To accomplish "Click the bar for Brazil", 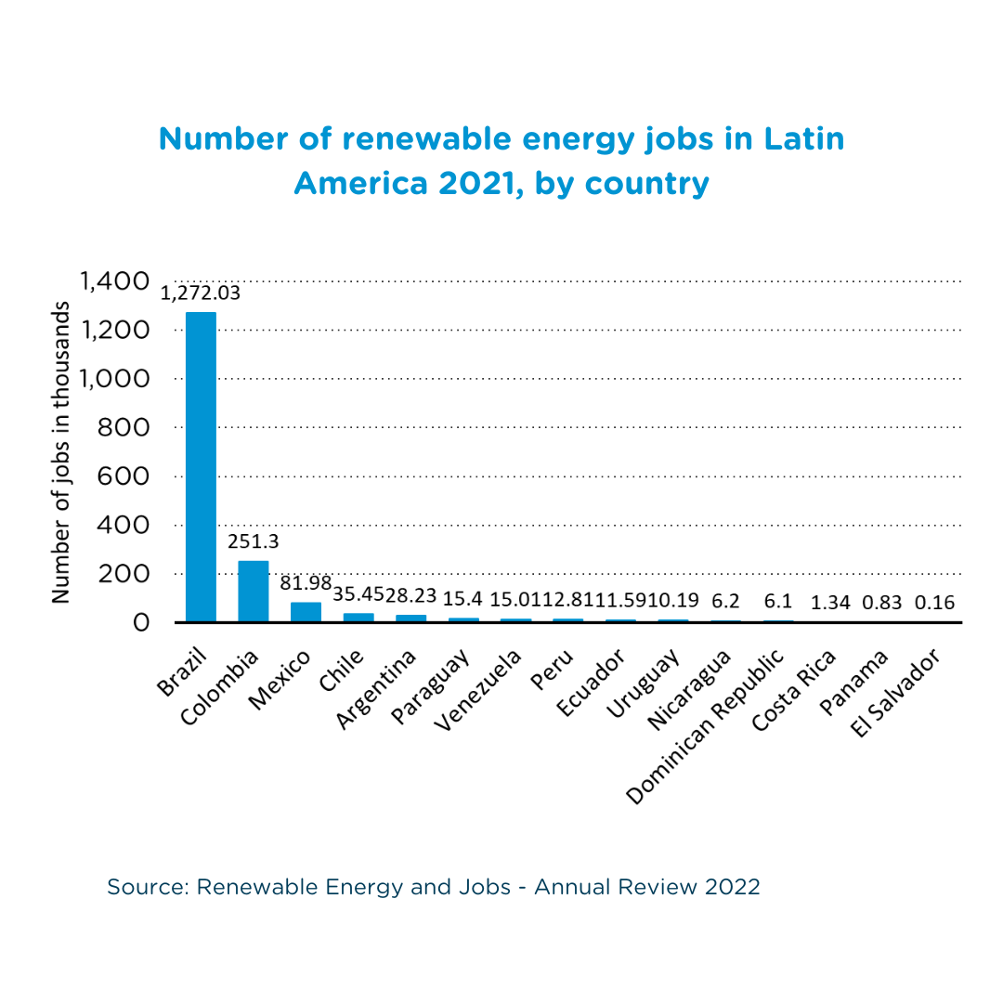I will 202,466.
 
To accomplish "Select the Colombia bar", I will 254,591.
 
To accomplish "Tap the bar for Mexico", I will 306,612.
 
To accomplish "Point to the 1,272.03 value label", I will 201,293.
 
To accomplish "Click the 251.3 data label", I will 254,541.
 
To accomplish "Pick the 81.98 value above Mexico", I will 306,584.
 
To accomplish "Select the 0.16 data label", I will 934,603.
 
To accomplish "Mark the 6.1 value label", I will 777,603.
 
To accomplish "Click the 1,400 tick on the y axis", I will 114,281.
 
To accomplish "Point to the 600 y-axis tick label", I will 124,476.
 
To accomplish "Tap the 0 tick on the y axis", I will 140,622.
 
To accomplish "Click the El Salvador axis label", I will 898,693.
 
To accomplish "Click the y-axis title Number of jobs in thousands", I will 61,452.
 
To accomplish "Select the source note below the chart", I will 434,887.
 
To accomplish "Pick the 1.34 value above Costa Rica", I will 830,603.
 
